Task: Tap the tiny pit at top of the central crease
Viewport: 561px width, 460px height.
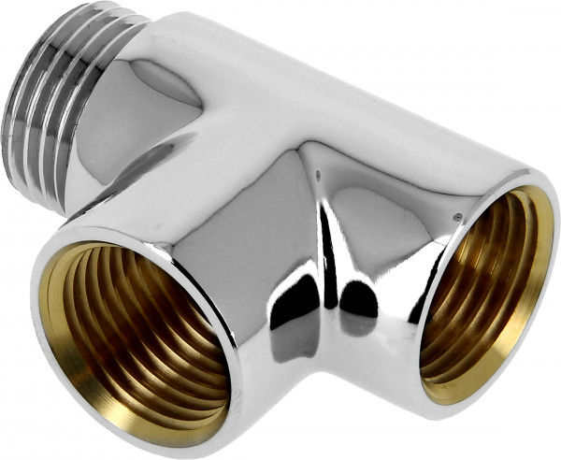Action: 319,173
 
